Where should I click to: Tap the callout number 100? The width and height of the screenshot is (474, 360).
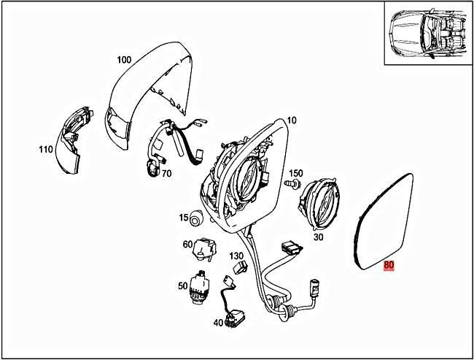coord(123,59)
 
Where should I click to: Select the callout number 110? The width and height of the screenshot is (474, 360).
coord(46,150)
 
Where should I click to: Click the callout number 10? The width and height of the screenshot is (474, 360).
coord(292,120)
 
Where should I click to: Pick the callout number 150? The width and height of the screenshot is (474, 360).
coord(295,174)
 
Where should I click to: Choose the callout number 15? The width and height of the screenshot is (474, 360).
coord(184,217)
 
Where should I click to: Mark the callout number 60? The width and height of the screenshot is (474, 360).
coord(187,244)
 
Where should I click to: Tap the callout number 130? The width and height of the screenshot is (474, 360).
coord(236,256)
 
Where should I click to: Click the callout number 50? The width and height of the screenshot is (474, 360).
coord(182,286)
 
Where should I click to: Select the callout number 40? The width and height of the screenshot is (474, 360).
coord(219,322)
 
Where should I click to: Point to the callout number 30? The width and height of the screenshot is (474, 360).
coord(318,237)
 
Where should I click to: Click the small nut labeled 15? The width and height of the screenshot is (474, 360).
coord(198,218)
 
